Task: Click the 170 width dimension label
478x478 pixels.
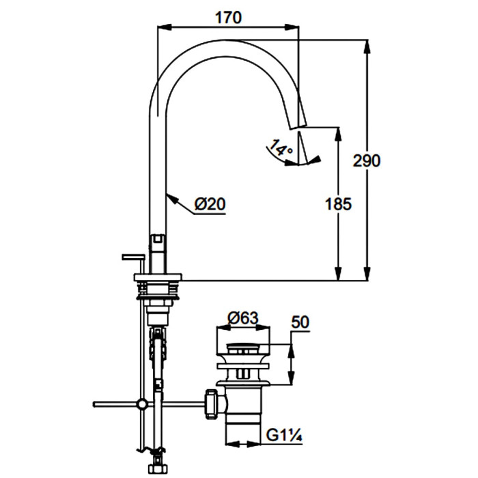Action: (x=228, y=18)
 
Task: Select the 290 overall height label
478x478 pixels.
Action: (x=367, y=160)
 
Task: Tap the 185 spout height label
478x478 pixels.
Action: (x=339, y=204)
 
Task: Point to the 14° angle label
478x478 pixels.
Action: (x=281, y=148)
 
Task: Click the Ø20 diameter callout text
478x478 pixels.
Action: (x=210, y=204)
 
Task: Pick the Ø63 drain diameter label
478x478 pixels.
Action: (x=243, y=318)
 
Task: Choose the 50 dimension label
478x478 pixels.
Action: (x=300, y=322)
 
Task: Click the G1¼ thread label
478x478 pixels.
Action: (x=284, y=436)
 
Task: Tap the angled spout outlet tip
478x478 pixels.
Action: (x=298, y=127)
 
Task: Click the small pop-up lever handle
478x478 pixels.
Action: (x=133, y=257)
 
